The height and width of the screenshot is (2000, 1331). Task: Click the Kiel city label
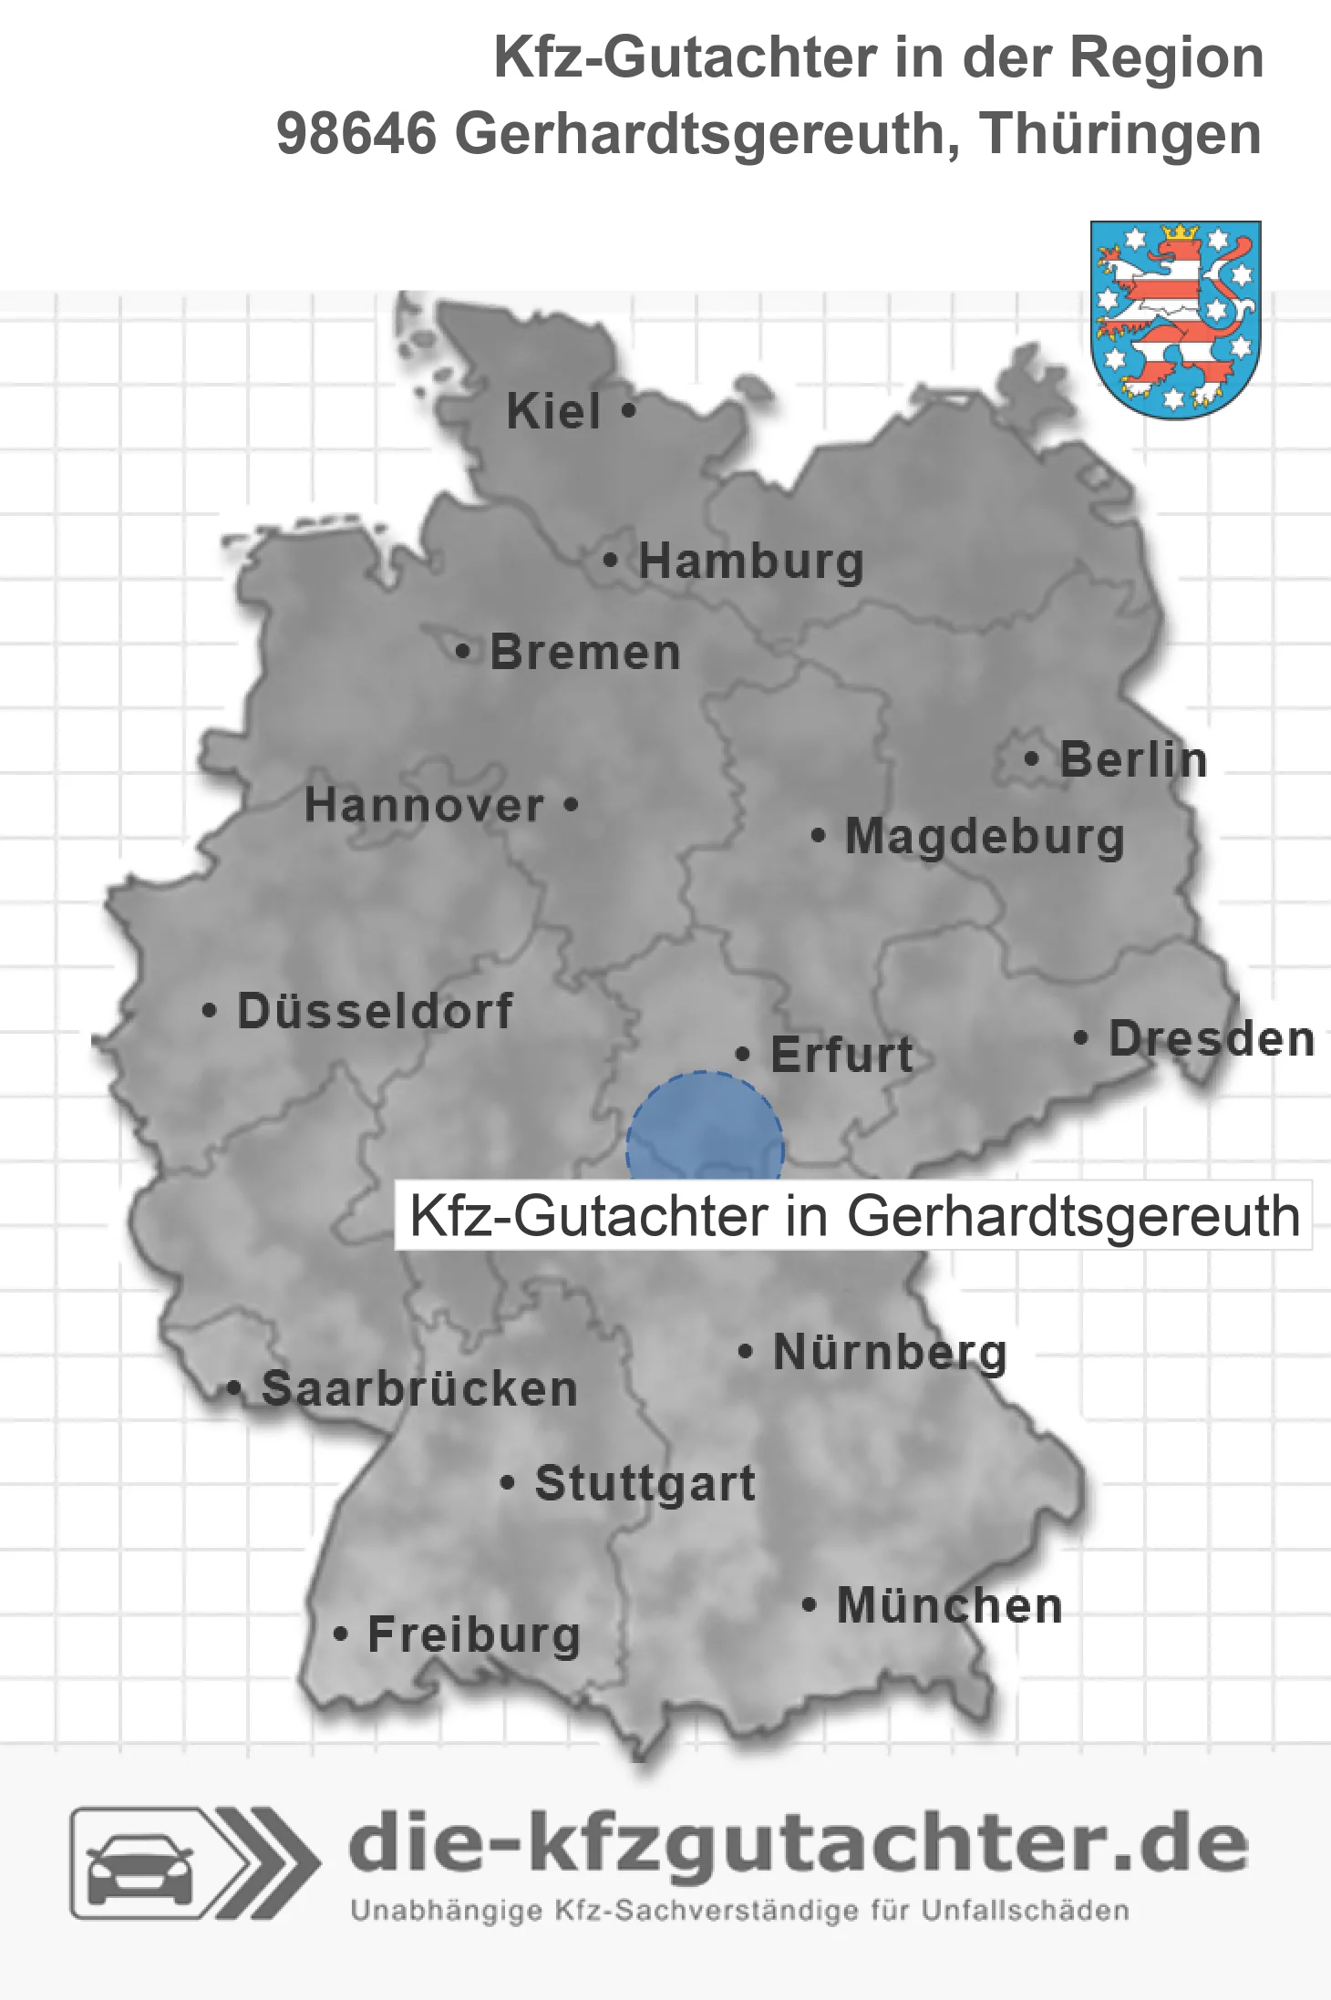coord(553,411)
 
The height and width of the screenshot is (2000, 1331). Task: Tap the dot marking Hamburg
coord(610,561)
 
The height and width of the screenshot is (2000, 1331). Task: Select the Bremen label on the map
coord(585,653)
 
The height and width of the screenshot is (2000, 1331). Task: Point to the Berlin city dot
coord(1031,758)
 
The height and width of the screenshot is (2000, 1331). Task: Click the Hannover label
coord(424,806)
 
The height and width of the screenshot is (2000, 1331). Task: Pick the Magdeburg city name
coord(985,837)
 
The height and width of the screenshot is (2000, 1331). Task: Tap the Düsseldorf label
coord(375,1011)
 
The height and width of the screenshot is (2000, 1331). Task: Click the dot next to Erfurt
coord(742,1055)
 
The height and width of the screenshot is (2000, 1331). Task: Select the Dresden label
coord(1212,1039)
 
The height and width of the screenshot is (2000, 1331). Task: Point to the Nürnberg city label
coord(890,1352)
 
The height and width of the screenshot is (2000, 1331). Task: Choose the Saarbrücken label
coord(419,1389)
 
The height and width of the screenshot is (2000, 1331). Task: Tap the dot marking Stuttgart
coord(508,1483)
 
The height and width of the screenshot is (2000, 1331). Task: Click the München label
coord(950,1605)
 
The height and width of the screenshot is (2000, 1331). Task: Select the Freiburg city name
coord(474,1634)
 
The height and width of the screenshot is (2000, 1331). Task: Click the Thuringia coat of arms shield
coord(1176,319)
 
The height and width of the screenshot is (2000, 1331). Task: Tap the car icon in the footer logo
coord(139,1864)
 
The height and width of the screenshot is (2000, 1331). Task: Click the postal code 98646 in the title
coord(356,134)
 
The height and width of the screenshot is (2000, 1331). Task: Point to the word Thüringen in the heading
coord(1121,134)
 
